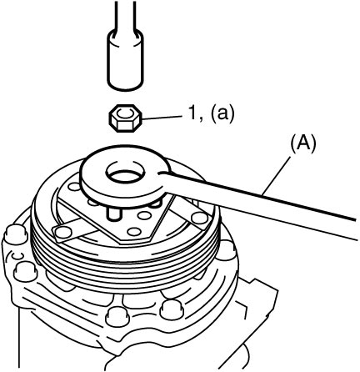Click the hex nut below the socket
pyautogui.click(x=125, y=118)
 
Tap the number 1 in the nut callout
pyautogui.click(x=192, y=113)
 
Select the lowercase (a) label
pyautogui.click(x=222, y=114)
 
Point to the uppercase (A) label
pyautogui.click(x=303, y=145)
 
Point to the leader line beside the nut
pyautogui.click(x=163, y=118)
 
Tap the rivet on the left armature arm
pyautogui.click(x=63, y=232)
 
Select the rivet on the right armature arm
pyautogui.click(x=199, y=218)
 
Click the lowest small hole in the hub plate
pyautogui.click(x=134, y=231)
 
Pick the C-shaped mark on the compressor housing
pyautogui.click(x=16, y=254)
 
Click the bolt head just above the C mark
pyautogui.click(x=16, y=234)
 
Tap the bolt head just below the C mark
pyautogui.click(x=26, y=271)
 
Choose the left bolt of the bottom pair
pyautogui.click(x=118, y=316)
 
